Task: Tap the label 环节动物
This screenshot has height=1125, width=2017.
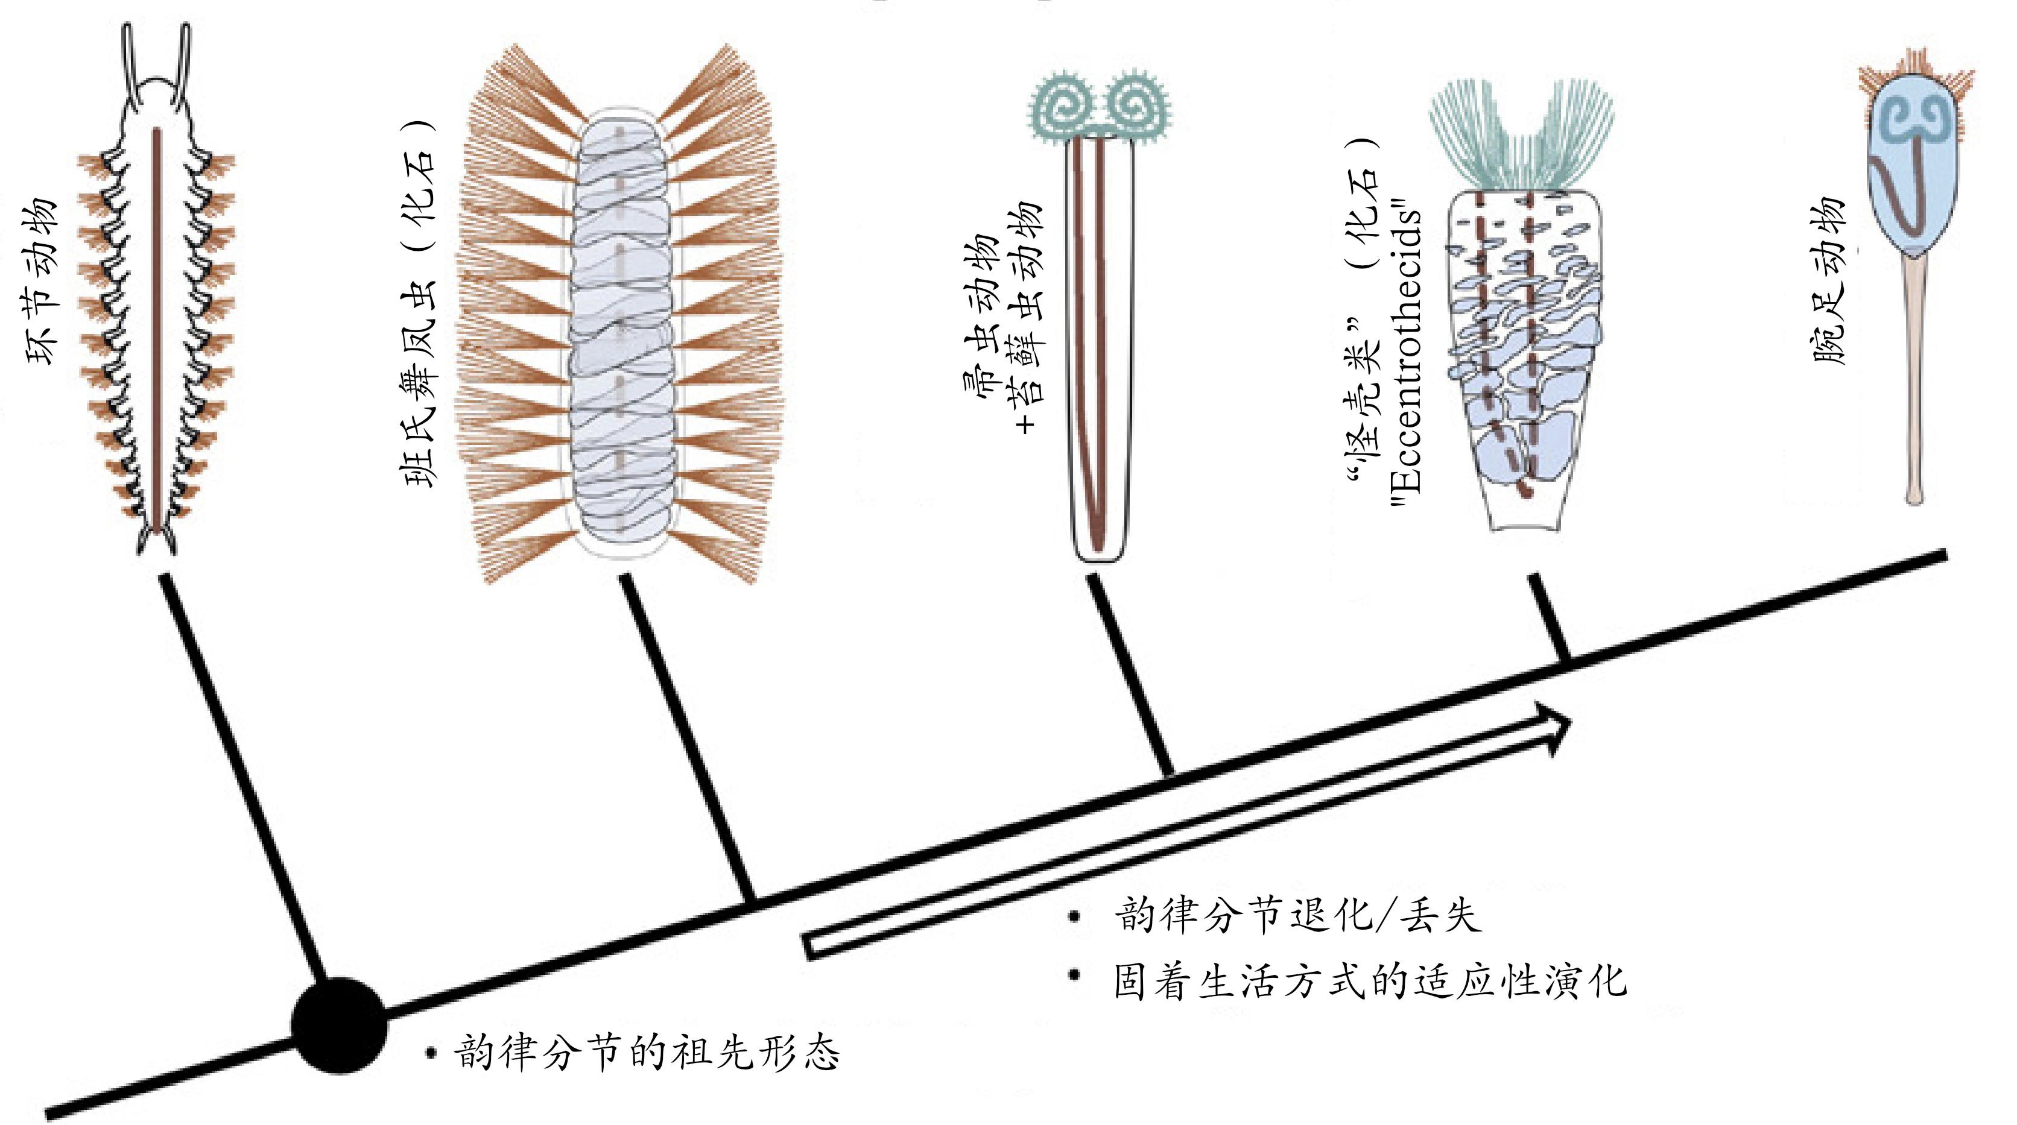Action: point(43,282)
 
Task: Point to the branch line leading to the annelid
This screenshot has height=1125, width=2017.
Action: point(242,775)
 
